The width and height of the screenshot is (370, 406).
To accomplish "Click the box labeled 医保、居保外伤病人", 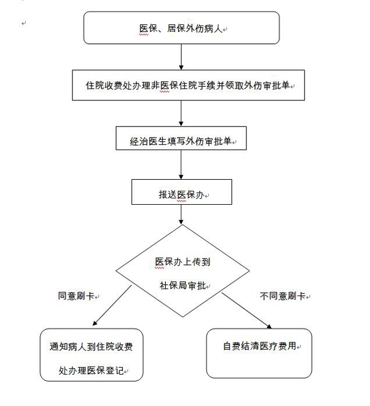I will point(182,27).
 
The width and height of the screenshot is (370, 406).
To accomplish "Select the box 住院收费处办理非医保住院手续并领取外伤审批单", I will point(189,85).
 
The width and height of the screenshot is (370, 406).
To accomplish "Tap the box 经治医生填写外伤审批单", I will point(182,140).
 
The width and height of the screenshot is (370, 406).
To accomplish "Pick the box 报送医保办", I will point(182,193).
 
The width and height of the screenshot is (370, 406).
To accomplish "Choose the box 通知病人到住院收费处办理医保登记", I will point(92,355).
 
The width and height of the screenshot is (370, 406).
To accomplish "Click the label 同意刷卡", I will point(77,296).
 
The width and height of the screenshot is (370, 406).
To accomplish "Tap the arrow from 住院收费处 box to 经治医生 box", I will point(182,113).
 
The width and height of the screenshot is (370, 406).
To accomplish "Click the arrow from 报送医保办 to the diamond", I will point(182,214).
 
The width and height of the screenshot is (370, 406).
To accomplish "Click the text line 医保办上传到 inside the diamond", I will point(183,262).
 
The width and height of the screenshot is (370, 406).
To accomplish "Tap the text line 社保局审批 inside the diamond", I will point(182,285).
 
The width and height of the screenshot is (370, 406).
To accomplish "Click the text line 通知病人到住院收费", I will point(91,347).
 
